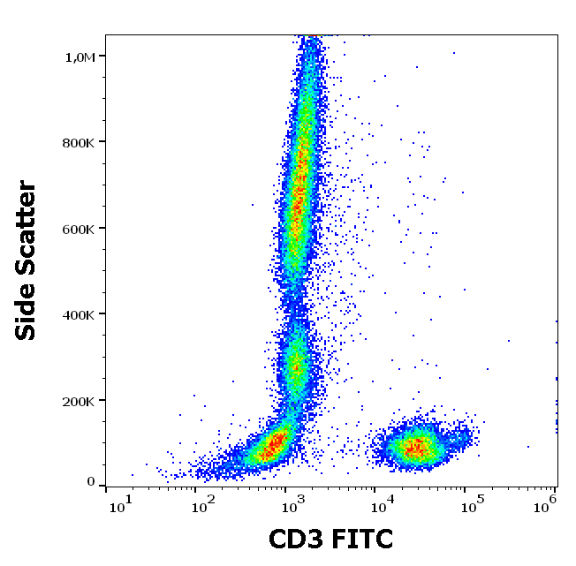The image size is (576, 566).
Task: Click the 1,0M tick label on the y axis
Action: click(x=80, y=57)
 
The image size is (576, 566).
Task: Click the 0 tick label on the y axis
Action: click(x=91, y=482)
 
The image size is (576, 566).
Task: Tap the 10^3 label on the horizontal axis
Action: click(x=292, y=507)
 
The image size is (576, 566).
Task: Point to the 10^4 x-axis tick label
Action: click(x=382, y=507)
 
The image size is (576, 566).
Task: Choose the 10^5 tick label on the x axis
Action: click(x=472, y=507)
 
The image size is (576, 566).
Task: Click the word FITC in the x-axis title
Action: click(x=362, y=540)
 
